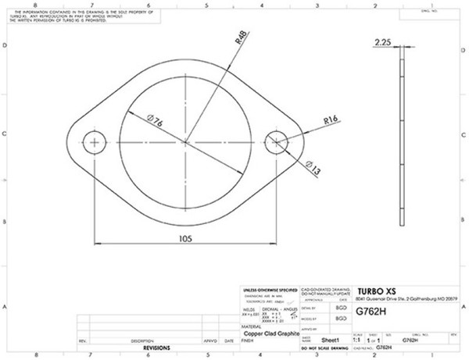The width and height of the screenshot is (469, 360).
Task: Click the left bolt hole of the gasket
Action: [96, 142]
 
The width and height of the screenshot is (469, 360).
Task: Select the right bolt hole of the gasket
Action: [276, 142]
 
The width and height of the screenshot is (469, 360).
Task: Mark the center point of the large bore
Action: [186, 142]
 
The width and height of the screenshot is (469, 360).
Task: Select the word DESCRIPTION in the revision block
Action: [141, 341]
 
